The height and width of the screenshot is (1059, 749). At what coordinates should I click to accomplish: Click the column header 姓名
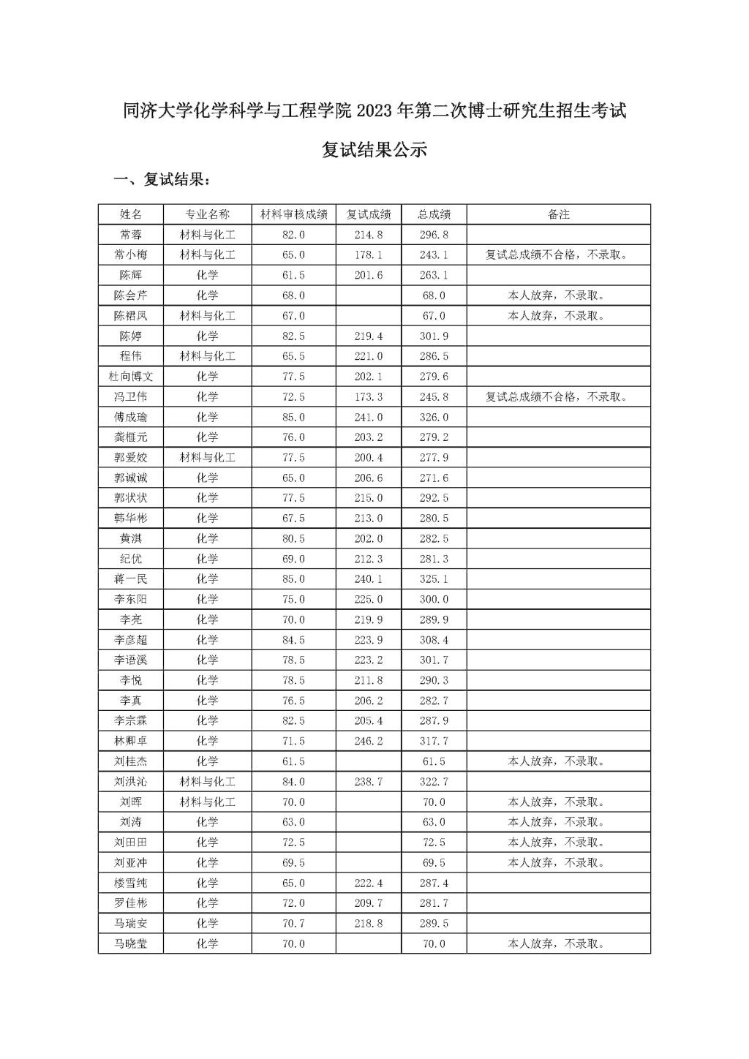tap(131, 214)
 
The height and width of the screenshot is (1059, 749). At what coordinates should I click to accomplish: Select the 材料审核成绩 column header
tap(294, 214)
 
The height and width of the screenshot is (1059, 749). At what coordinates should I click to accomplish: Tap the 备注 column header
tap(558, 214)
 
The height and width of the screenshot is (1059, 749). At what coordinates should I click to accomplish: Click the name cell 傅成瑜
tap(131, 417)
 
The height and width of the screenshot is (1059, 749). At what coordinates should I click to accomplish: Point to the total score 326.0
tap(434, 417)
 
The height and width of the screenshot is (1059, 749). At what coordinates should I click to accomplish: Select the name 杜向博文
tap(131, 377)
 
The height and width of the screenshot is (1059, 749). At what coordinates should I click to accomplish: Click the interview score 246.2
tap(369, 741)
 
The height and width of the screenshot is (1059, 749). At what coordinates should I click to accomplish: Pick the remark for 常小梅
tap(558, 255)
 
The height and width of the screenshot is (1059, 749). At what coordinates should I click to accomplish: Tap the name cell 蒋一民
tap(131, 579)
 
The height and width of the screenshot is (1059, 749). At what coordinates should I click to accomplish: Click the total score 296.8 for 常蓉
tap(434, 235)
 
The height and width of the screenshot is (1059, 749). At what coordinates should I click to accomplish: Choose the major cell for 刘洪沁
tap(208, 782)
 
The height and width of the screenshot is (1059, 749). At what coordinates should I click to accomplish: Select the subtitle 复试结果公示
tap(374, 151)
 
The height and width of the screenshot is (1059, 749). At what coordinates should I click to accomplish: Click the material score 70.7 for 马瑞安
tap(294, 924)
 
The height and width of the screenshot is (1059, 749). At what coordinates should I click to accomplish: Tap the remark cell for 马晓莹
tap(558, 944)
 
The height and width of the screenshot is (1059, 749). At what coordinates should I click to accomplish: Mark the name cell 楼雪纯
tap(131, 883)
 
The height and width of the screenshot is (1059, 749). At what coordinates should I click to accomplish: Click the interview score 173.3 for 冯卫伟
tap(369, 397)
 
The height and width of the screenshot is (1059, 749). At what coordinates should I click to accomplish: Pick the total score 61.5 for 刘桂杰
tap(434, 761)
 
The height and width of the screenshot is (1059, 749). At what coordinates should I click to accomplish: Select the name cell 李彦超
tap(131, 640)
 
